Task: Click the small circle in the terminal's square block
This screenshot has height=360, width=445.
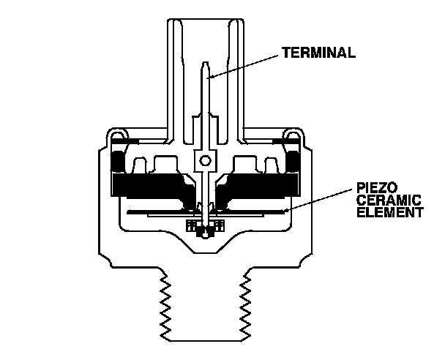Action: tap(206, 160)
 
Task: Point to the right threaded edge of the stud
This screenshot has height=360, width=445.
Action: tap(247, 307)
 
